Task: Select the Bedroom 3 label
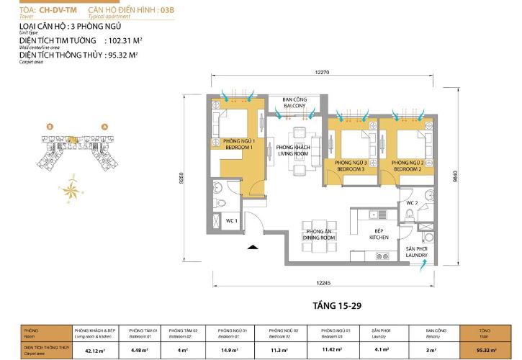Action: click(351, 166)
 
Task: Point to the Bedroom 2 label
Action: click(406, 166)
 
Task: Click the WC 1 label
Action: click(231, 220)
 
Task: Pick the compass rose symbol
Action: click(71, 189)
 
